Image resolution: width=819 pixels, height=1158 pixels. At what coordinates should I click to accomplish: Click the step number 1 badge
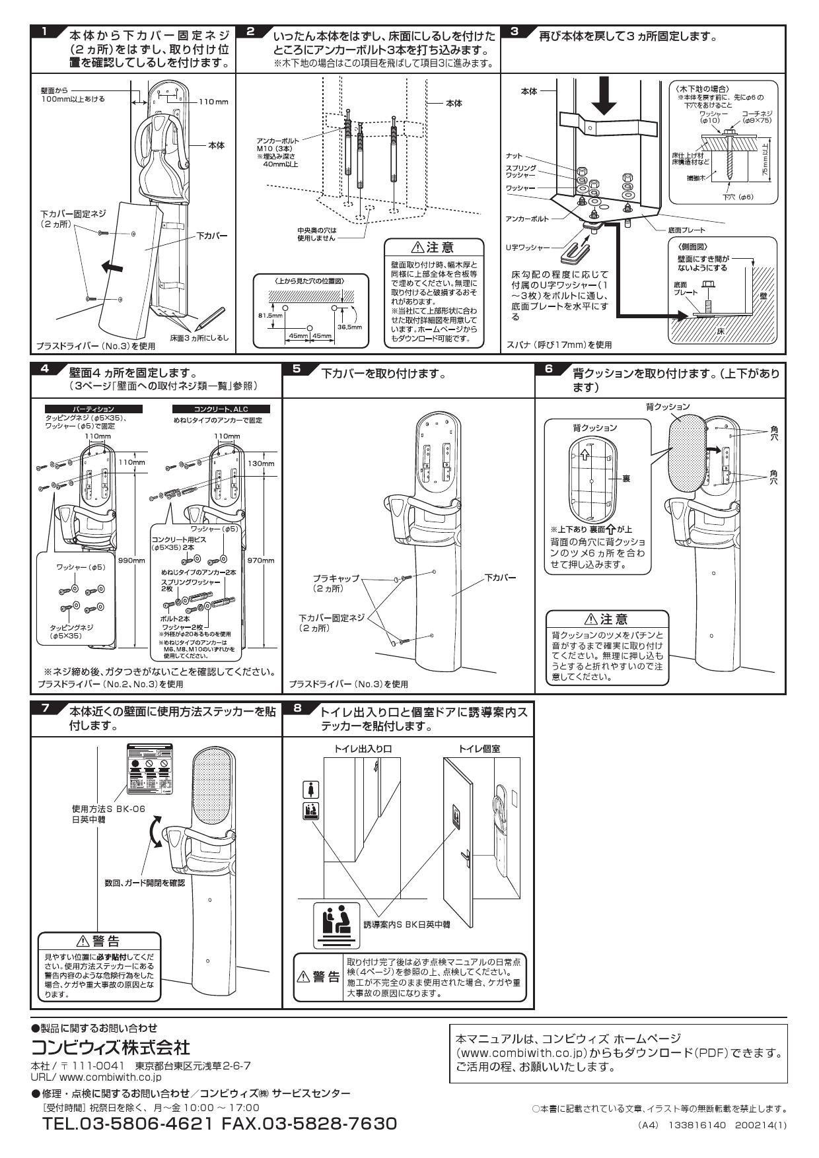pyautogui.click(x=44, y=32)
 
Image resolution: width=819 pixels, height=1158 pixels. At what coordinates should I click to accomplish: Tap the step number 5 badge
pyautogui.click(x=297, y=368)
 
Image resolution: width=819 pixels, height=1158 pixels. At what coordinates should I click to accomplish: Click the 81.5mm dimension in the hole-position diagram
pyautogui.click(x=265, y=316)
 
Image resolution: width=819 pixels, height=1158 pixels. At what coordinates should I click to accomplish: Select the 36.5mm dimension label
pyautogui.click(x=349, y=326)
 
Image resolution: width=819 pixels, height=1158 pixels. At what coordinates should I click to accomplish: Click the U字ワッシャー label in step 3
pyautogui.click(x=527, y=247)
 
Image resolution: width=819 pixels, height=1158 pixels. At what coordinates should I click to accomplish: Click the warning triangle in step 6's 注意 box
pyautogui.click(x=590, y=619)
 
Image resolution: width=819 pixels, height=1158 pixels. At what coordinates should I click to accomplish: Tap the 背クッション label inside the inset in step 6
pyautogui.click(x=594, y=428)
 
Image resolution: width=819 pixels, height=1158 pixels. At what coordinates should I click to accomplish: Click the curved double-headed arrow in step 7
pyautogui.click(x=154, y=831)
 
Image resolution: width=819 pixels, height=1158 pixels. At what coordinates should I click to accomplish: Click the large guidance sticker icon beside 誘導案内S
pyautogui.click(x=337, y=925)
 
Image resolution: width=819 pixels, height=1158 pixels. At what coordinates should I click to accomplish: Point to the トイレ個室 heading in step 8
pyautogui.click(x=480, y=749)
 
